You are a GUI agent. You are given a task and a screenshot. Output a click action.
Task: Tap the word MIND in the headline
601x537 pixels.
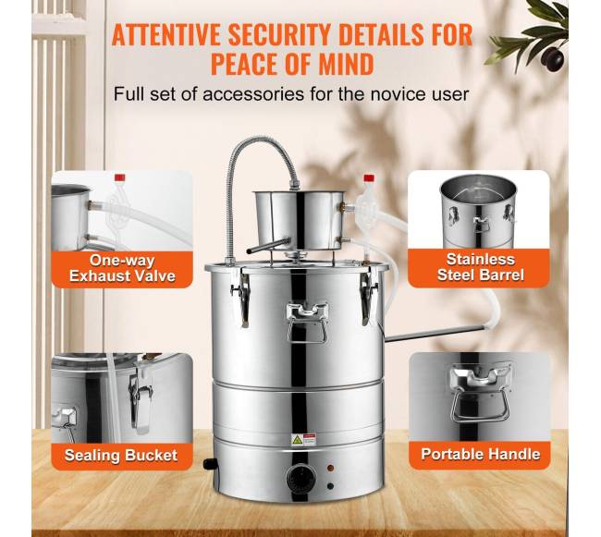click(346, 64)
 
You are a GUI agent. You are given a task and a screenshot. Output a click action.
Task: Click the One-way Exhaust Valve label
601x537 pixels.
click(122, 268)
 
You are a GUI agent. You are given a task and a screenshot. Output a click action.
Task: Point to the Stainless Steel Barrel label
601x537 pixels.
click(480, 267)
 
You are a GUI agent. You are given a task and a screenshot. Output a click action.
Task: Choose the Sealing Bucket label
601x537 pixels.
click(121, 456)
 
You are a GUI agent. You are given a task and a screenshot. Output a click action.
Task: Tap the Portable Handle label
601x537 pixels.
click(481, 454)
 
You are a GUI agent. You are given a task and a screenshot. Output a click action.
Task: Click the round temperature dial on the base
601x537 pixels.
click(301, 478)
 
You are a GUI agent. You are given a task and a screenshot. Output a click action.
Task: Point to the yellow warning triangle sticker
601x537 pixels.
click(297, 440)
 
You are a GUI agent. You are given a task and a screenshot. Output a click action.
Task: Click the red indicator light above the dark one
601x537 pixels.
click(330, 468)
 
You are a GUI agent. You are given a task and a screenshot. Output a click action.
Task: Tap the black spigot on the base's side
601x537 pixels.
click(209, 464)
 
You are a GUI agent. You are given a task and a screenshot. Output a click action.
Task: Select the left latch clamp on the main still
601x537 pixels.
click(241, 296)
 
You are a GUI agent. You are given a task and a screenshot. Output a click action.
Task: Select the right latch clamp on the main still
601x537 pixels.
click(368, 296)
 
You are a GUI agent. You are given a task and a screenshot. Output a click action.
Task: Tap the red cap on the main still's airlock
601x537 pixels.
click(369, 177)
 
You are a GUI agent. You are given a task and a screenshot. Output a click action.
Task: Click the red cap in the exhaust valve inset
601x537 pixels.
click(120, 177)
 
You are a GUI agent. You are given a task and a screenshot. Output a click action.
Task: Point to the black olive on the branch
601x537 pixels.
click(553, 58)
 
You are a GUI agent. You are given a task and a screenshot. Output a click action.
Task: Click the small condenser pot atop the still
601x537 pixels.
click(300, 220)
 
